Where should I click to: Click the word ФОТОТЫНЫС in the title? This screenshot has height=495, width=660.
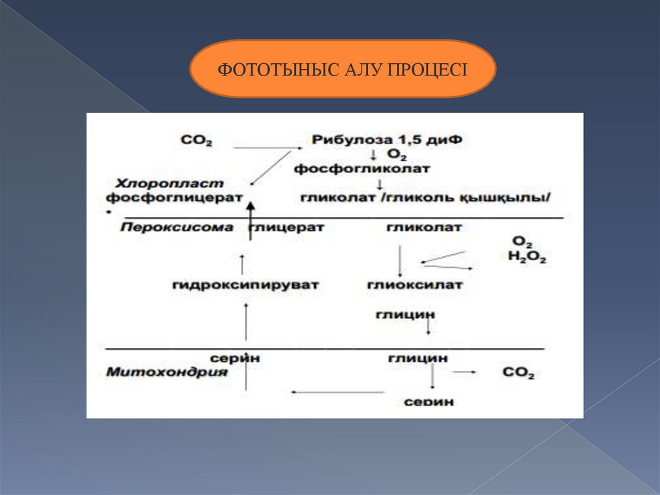pyautogui.click(x=262, y=69)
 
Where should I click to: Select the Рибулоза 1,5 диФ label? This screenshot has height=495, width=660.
pyautogui.click(x=387, y=139)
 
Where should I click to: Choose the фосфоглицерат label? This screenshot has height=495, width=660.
pyautogui.click(x=175, y=197)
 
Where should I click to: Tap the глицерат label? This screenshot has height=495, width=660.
pyautogui.click(x=287, y=227)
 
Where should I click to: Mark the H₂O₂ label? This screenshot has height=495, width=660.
pyautogui.click(x=527, y=258)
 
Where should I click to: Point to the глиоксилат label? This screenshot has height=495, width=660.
pyautogui.click(x=414, y=284)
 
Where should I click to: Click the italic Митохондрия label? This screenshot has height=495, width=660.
pyautogui.click(x=167, y=372)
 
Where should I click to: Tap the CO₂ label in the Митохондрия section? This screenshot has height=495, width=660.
pyautogui.click(x=518, y=373)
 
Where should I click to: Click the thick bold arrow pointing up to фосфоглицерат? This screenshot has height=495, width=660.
pyautogui.click(x=251, y=219)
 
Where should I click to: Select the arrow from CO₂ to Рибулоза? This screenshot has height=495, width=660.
pyautogui.click(x=267, y=148)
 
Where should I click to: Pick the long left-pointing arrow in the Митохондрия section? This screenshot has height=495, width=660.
pyautogui.click(x=338, y=391)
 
